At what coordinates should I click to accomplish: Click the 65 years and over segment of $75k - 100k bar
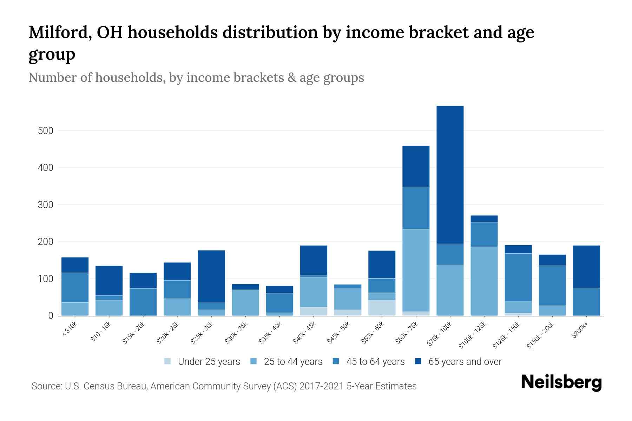coord(450,175)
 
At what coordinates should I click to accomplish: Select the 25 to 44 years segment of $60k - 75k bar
coord(416,270)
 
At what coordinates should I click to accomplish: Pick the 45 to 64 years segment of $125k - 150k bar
coord(518,277)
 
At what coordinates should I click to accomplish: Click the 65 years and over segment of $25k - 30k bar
coord(211,276)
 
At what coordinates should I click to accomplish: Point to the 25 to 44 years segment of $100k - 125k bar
coord(484,281)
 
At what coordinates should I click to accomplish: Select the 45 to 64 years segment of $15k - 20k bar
coord(143,302)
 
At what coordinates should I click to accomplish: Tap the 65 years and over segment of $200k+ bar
coord(586,267)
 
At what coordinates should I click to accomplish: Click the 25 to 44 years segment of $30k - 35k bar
coord(245,302)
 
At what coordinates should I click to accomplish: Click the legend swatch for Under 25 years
coord(167,361)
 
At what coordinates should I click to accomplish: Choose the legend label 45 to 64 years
coord(375,361)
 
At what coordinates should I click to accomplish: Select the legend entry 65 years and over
coord(465,361)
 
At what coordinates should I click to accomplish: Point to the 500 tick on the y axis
coord(45,131)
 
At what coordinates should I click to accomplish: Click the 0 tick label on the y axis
coord(51,316)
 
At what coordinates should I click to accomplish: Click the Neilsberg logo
coord(561,382)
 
